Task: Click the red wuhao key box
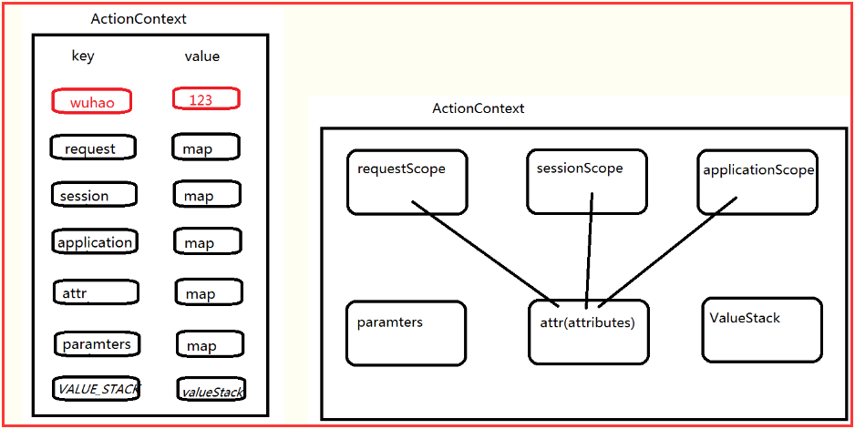click(x=92, y=101)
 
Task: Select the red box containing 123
click(x=206, y=99)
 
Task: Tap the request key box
click(x=95, y=148)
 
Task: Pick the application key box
click(x=95, y=242)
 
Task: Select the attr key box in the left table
click(x=96, y=292)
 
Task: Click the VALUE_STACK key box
click(x=97, y=389)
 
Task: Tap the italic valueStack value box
click(x=211, y=391)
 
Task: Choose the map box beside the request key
click(x=206, y=148)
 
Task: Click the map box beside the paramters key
click(x=210, y=344)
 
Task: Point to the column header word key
click(x=83, y=56)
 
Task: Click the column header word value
click(x=201, y=56)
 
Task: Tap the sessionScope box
click(x=586, y=181)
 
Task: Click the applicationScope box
click(x=757, y=182)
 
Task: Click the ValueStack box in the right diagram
click(x=762, y=329)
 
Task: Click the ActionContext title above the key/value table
click(x=139, y=19)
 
